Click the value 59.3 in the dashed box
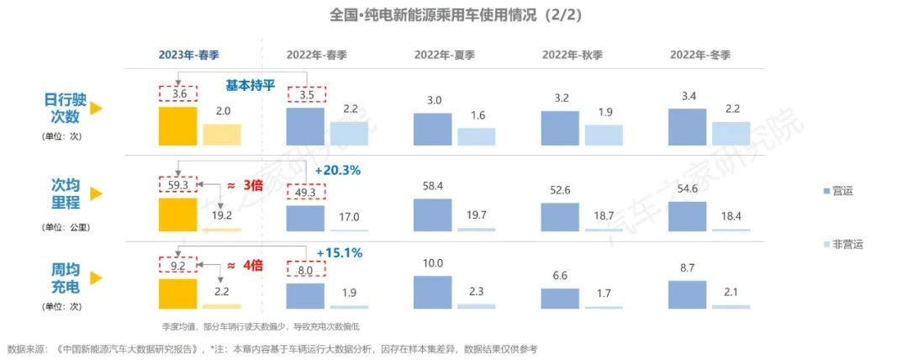177,183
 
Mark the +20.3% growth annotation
337,170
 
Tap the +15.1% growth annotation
337,252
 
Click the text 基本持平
250,85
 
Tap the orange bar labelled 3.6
177,126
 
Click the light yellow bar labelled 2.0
221,135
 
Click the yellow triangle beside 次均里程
96,193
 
